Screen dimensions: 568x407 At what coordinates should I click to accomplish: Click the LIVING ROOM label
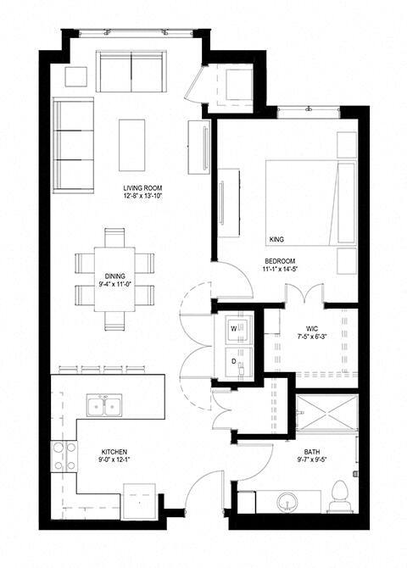(142, 188)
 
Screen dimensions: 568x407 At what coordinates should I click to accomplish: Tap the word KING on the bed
(276, 238)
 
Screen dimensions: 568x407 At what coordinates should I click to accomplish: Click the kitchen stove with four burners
(64, 457)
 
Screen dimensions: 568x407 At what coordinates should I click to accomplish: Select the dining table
(115, 277)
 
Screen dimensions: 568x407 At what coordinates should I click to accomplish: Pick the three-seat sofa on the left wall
(73, 145)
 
